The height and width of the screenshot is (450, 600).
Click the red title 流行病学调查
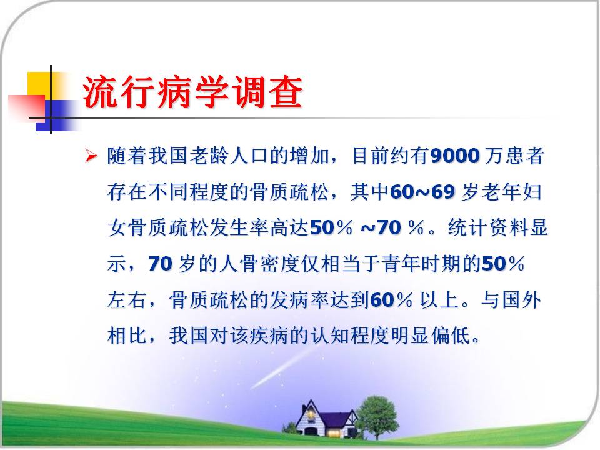pyautogui.click(x=193, y=92)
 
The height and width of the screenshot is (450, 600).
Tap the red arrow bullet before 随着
pyautogui.click(x=91, y=156)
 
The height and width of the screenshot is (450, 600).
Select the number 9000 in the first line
pyautogui.click(x=455, y=156)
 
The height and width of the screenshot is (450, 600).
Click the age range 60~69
pyautogui.click(x=422, y=192)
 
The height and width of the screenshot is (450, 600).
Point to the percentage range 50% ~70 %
pyautogui.click(x=367, y=227)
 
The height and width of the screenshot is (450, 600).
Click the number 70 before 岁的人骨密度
pyautogui.click(x=161, y=264)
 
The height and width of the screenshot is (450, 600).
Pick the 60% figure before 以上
pyautogui.click(x=391, y=300)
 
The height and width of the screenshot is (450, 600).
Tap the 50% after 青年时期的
pyautogui.click(x=502, y=264)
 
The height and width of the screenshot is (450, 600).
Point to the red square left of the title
pyautogui.click(x=27, y=106)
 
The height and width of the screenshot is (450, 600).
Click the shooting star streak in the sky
pyautogui.click(x=282, y=368)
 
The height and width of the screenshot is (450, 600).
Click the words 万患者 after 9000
pyautogui.click(x=514, y=156)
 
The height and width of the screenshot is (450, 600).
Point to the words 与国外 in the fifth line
pyautogui.click(x=511, y=300)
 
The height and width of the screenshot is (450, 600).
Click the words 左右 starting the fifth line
pyautogui.click(x=127, y=300)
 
